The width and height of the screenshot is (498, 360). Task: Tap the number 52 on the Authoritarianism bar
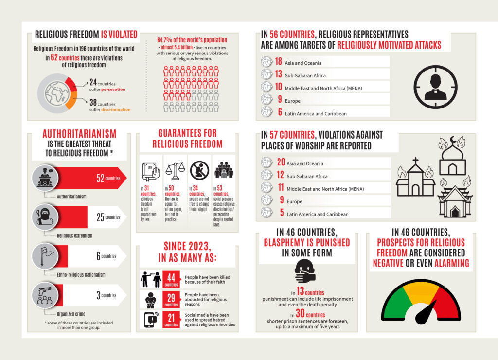pyautogui.click(x=101, y=179)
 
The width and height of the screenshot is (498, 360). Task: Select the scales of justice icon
pyautogui.click(x=176, y=170)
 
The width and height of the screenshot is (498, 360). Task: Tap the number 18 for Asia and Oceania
pyautogui.click(x=278, y=62)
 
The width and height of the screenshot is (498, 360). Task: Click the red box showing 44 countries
pyautogui.click(x=171, y=279)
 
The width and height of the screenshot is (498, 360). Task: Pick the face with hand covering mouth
pyautogui.click(x=304, y=270)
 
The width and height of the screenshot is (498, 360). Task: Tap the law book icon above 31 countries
pyautogui.click(x=150, y=170)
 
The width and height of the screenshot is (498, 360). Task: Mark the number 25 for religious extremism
pyautogui.click(x=100, y=217)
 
